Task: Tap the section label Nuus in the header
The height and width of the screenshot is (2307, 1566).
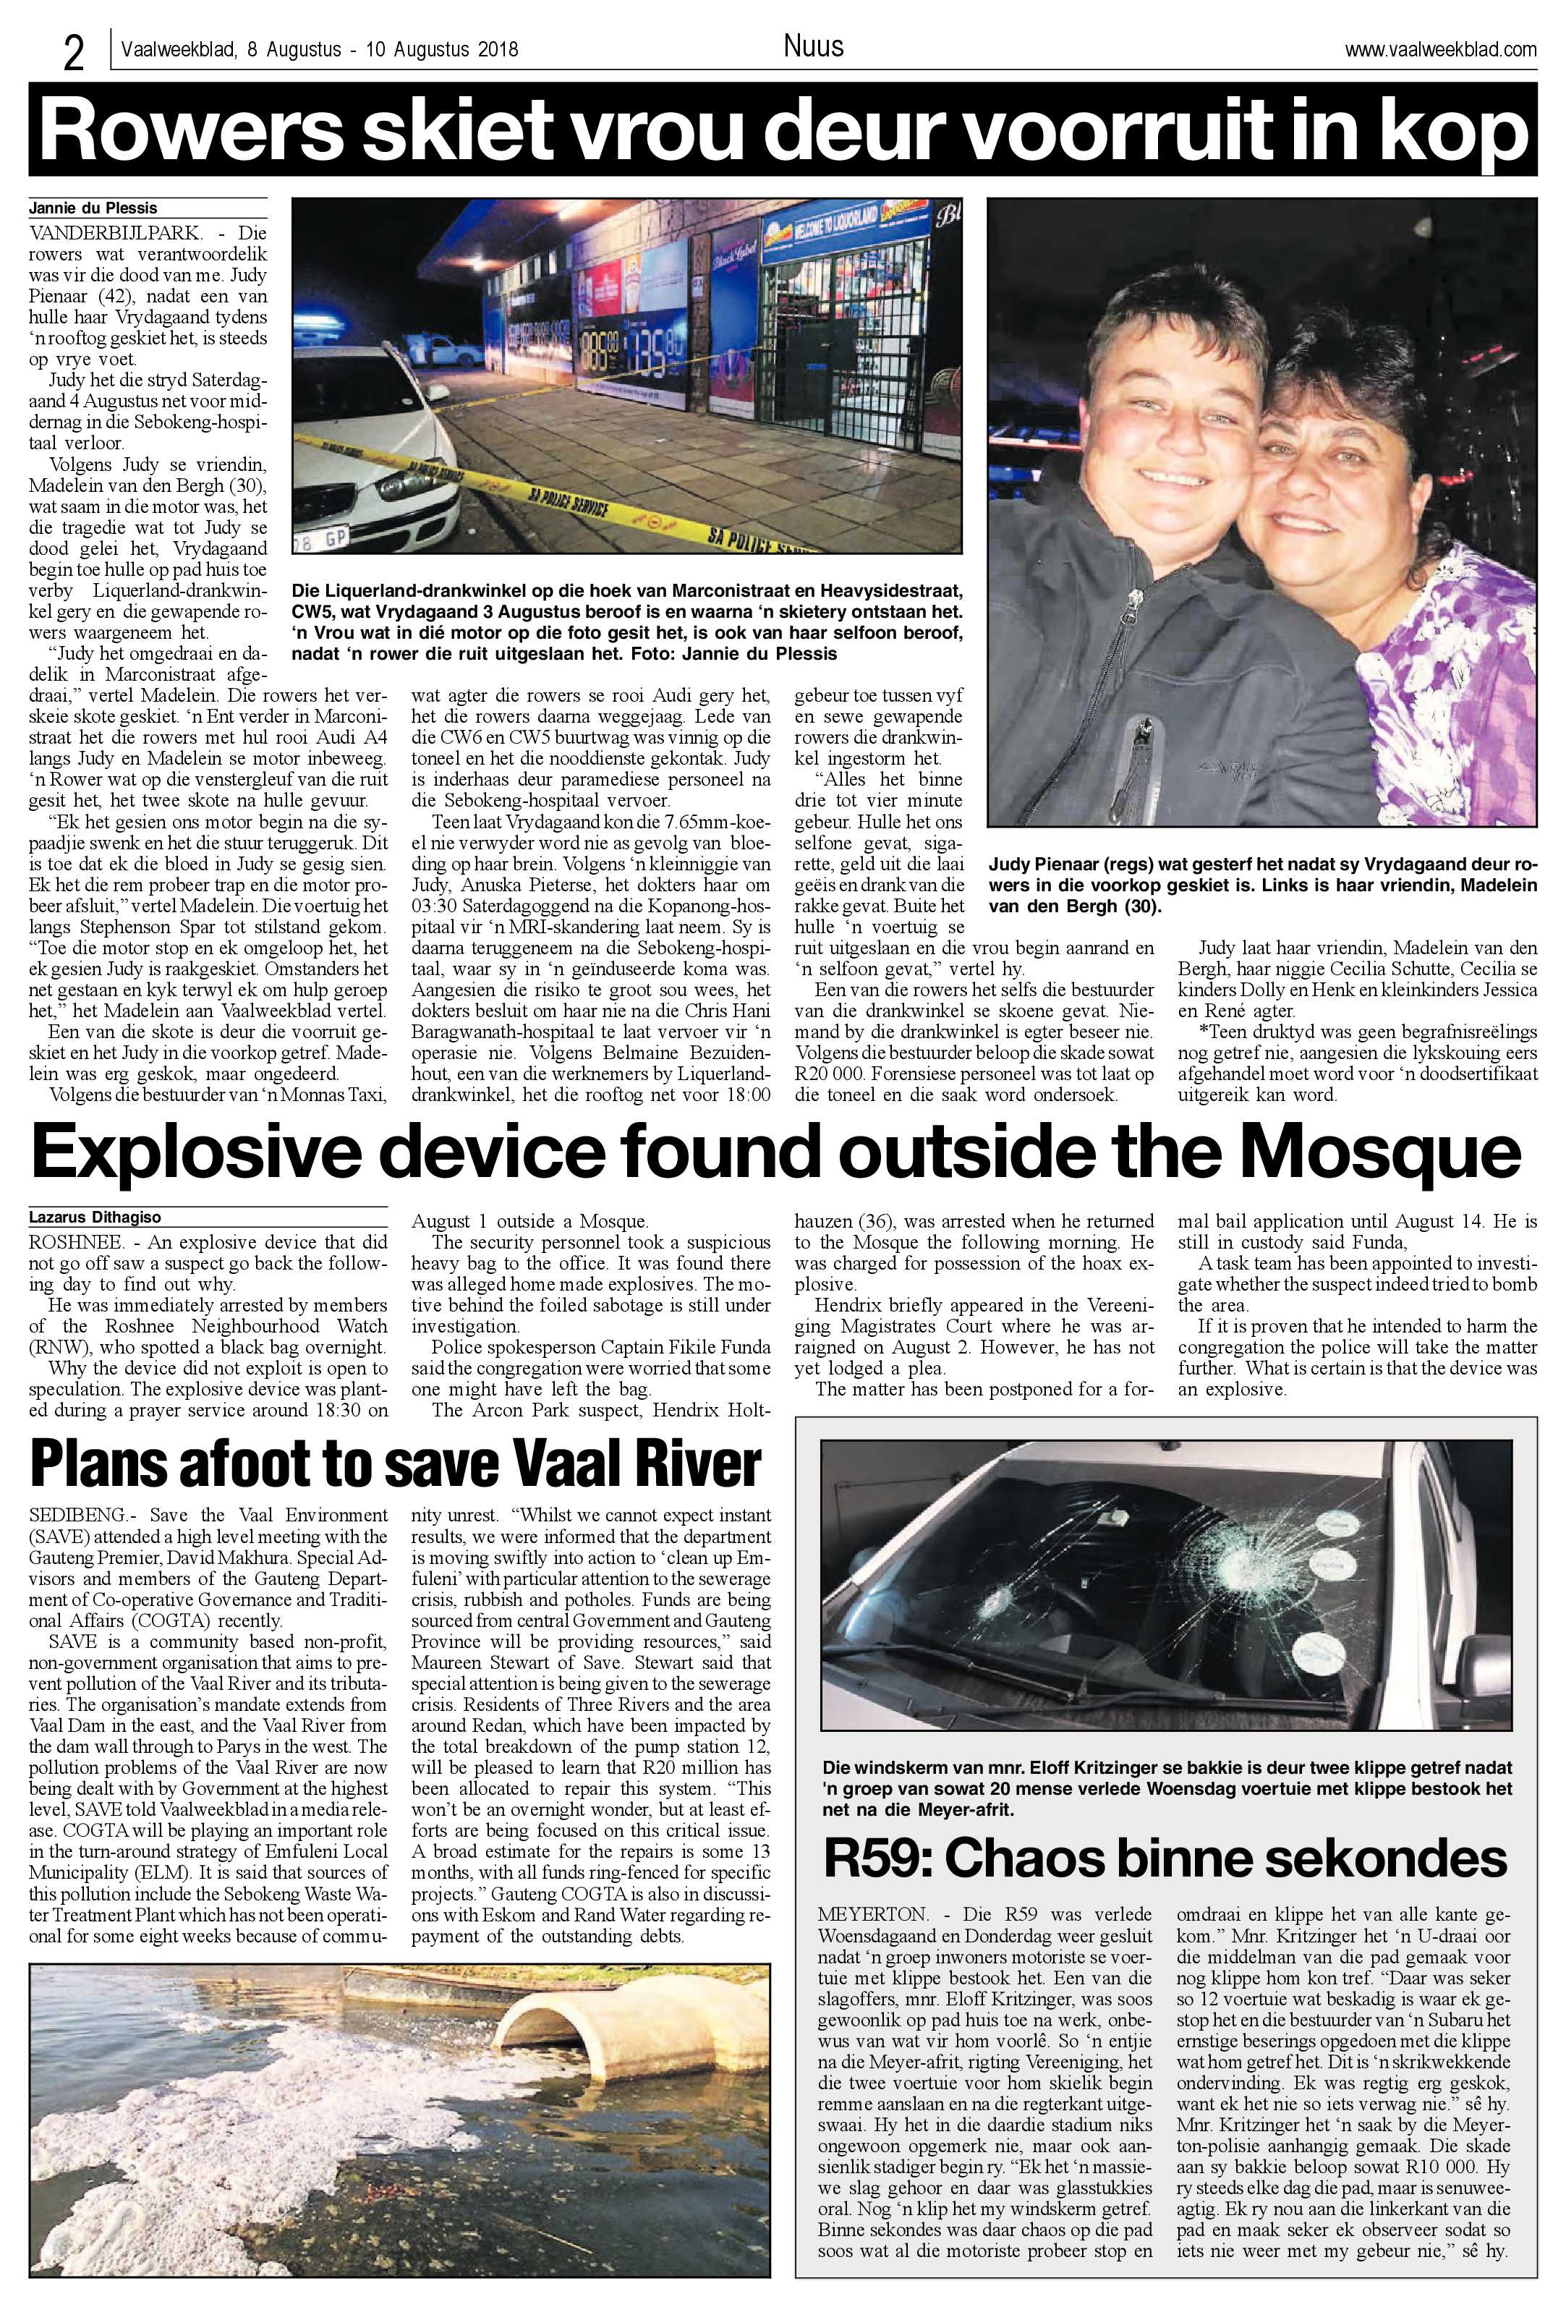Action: tap(813, 46)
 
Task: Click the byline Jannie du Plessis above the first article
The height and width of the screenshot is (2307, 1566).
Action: tap(93, 208)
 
